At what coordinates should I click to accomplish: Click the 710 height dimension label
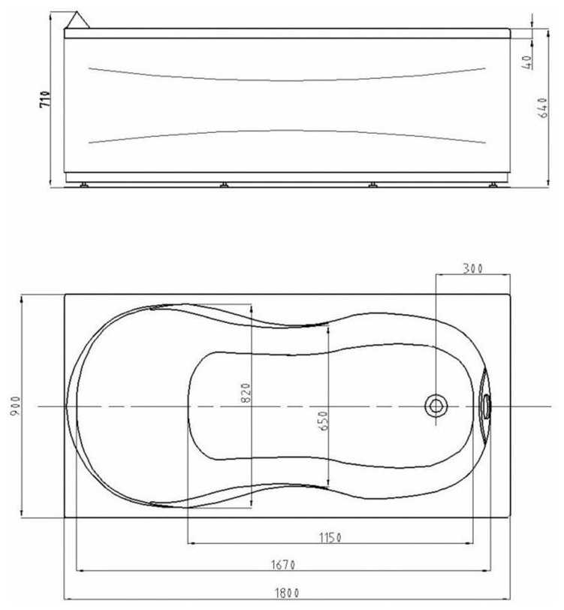45,99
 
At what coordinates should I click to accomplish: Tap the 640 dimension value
544,107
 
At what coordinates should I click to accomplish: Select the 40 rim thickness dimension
527,62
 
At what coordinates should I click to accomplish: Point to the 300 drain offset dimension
472,268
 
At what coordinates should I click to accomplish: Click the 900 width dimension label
15,406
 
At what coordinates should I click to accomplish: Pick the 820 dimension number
246,393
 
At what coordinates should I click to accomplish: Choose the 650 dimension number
323,421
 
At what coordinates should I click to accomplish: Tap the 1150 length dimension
330,538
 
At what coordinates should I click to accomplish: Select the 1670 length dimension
283,564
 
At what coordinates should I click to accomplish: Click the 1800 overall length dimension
287,593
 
